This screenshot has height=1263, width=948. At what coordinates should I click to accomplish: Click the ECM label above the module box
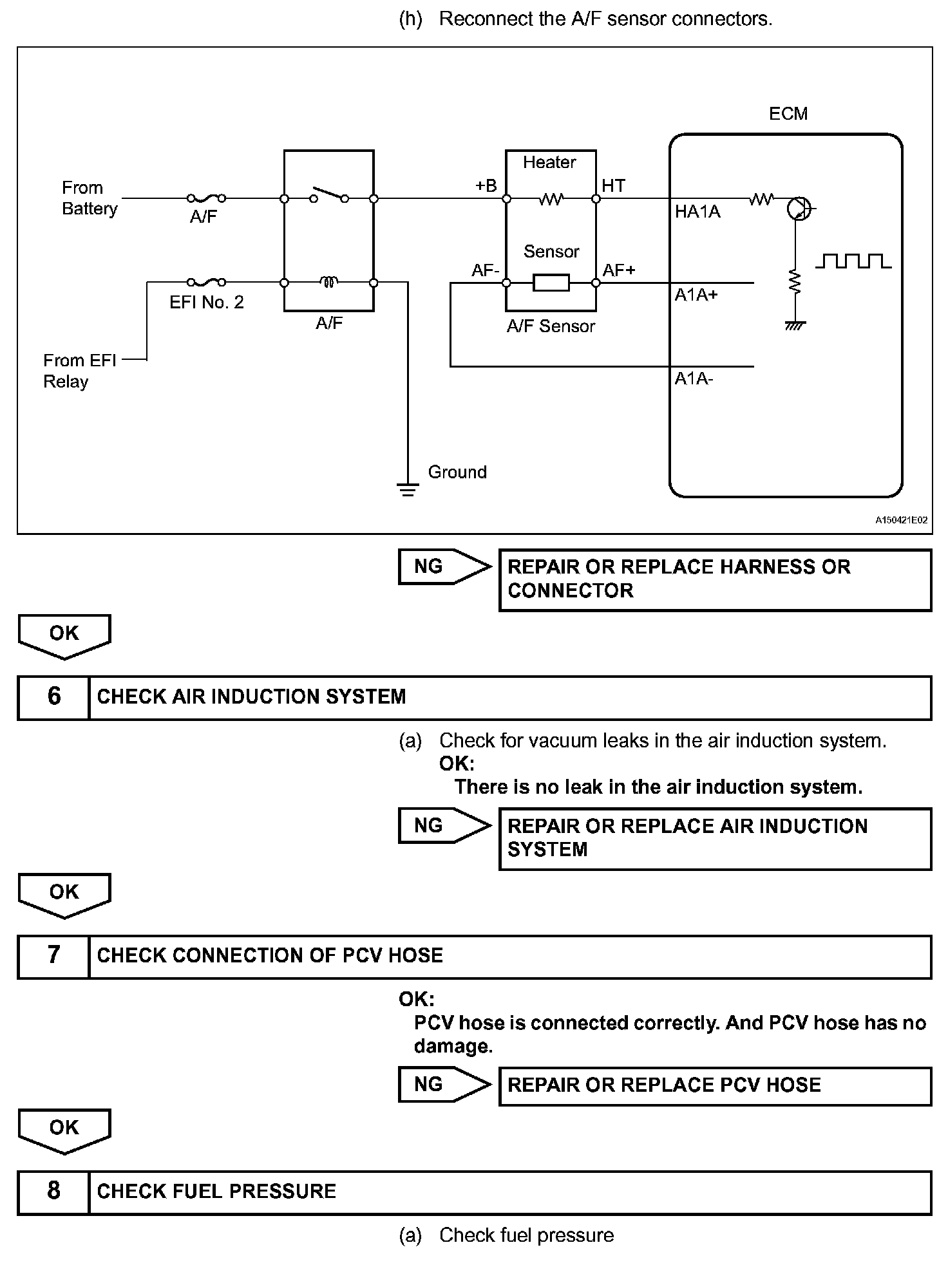(x=788, y=114)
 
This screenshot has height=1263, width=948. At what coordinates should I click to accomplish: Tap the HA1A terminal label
(x=697, y=212)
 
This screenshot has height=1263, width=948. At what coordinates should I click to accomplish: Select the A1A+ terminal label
(x=696, y=295)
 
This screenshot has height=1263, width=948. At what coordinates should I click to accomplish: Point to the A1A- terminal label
(x=694, y=379)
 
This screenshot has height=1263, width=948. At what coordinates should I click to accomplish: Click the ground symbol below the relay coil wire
(x=408, y=489)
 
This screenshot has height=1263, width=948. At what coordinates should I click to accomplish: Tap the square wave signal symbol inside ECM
(x=853, y=261)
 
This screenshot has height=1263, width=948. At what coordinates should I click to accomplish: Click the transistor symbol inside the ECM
(x=799, y=209)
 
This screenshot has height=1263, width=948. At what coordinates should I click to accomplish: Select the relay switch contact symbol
(x=329, y=195)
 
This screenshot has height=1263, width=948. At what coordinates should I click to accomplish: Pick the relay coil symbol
(x=329, y=281)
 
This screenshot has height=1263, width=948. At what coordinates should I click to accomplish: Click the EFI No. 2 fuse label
(x=207, y=303)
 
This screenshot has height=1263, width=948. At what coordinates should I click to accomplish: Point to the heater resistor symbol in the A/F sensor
(x=551, y=199)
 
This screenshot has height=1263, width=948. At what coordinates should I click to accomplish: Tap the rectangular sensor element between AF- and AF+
(x=551, y=283)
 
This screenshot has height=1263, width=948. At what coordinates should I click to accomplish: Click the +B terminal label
(x=486, y=185)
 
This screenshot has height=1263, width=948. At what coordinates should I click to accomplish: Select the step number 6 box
(x=54, y=697)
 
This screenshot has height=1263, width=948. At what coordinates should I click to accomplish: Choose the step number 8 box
(x=54, y=1192)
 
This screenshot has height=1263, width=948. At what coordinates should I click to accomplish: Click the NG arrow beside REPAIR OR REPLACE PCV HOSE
(x=444, y=1085)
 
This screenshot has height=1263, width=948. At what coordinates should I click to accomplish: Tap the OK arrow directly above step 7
(x=64, y=895)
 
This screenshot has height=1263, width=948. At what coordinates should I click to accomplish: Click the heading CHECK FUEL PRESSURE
(x=216, y=1192)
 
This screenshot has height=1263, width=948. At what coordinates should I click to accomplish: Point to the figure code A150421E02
(x=901, y=520)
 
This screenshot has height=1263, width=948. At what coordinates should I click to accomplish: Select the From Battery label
(x=90, y=198)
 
